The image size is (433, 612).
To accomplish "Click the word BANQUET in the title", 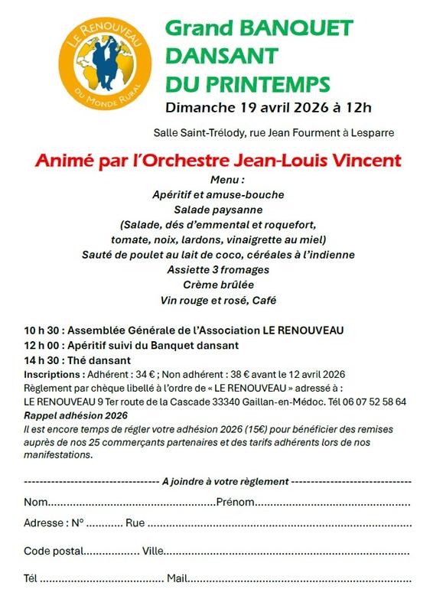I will coord(296,29).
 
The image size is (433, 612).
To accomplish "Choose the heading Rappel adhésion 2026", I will coord(75,415).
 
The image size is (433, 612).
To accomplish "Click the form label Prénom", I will coord(234,503).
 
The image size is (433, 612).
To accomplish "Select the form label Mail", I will coord(177,578).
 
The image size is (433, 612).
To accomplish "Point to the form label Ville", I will coord(153,551).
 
